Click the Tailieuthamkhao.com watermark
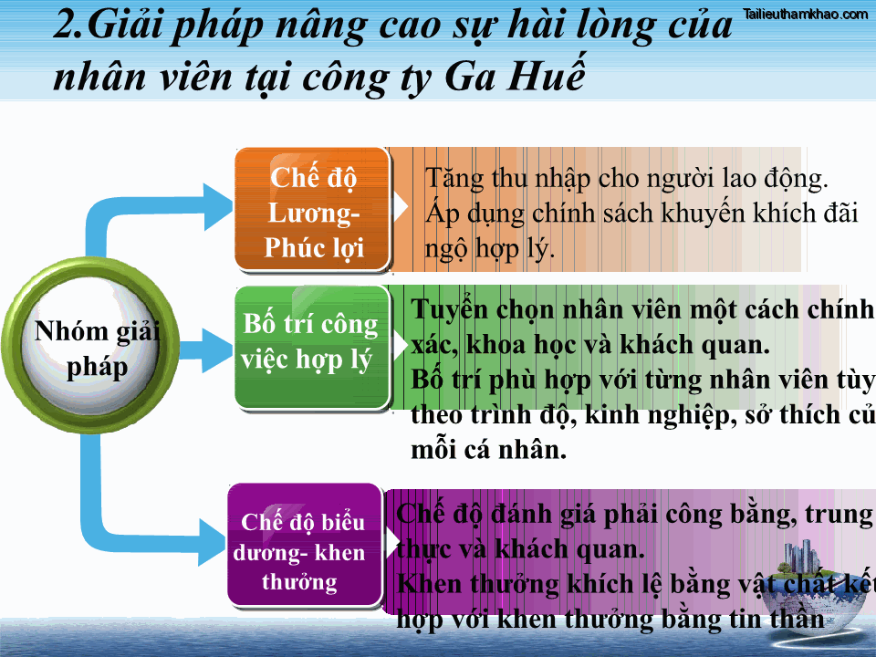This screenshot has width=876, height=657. (806, 14)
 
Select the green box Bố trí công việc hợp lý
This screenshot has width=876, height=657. (311, 343)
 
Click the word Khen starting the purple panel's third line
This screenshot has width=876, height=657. (429, 584)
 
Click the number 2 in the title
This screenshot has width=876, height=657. (67, 27)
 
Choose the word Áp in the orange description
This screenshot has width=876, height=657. (442, 214)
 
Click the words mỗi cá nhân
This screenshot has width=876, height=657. (489, 450)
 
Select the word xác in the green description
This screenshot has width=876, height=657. (433, 346)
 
